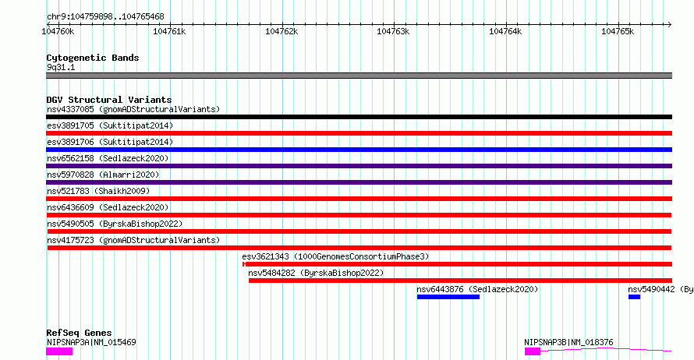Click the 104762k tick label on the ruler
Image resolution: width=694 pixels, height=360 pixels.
pos(281,32)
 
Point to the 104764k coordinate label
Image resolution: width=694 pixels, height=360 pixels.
pos(505,32)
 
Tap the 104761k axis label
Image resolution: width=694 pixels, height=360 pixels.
pos(169,32)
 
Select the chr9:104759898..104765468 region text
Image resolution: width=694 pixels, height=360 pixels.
pos(105,17)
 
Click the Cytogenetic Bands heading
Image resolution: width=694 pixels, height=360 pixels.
pos(93,58)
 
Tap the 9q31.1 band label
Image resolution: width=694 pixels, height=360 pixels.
pos(61,67)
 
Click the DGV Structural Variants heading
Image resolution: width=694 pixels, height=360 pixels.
pos(109,100)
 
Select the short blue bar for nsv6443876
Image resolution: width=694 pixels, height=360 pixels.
pos(448,297)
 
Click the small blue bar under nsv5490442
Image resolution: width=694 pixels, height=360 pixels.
pos(634,297)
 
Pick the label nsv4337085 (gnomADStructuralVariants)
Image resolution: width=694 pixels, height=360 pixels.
pos(133,109)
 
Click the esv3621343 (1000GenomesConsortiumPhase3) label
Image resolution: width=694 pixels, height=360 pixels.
pos(335,256)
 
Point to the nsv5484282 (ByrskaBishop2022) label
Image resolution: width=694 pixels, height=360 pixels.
pos(316,273)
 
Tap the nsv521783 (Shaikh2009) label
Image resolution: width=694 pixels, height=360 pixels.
pos(98,191)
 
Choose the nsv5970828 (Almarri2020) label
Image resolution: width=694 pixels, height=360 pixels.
pos(103,175)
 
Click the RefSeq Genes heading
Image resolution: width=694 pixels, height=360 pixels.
pos(80,333)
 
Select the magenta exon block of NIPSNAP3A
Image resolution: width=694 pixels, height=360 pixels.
pos(59,351)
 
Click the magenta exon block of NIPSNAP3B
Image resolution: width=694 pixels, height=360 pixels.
pos(533,351)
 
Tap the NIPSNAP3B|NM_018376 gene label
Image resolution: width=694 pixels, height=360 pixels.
pos(568,342)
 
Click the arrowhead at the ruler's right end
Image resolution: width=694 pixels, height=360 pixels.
pos(670,24)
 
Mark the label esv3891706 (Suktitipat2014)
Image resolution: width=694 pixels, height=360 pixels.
pos(110,142)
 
